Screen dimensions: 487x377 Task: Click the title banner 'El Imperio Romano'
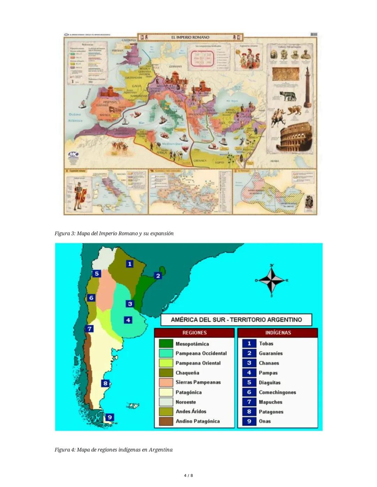(x=190, y=37)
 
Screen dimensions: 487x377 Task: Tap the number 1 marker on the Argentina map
(x=130, y=264)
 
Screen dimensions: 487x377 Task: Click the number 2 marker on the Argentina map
(x=158, y=276)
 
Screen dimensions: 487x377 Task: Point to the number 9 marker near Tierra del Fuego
(x=110, y=417)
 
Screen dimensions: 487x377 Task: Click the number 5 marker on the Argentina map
(x=96, y=274)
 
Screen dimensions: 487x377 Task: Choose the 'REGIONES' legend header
(x=194, y=333)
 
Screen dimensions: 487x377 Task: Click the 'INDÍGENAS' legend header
(x=278, y=333)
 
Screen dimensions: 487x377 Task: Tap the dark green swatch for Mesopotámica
(x=166, y=344)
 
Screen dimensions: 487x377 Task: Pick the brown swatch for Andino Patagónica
(x=166, y=421)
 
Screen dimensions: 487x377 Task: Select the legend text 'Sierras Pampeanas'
(x=198, y=382)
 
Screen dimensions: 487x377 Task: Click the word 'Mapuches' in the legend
(x=271, y=402)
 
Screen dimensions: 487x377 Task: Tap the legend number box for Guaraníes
(x=249, y=353)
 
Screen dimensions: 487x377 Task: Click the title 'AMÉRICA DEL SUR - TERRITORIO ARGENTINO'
(x=236, y=320)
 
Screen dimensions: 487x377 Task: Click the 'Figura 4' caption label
(x=65, y=450)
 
